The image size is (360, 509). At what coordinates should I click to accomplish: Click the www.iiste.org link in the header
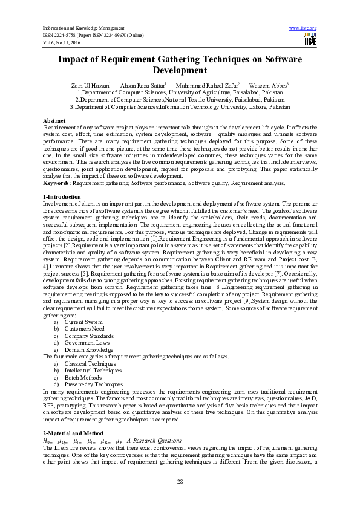click(x=303, y=28)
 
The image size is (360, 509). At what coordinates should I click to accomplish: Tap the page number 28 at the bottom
click(x=180, y=481)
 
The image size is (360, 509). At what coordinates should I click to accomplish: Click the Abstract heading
click(x=55, y=121)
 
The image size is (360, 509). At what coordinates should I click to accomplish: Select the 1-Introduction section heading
click(x=62, y=197)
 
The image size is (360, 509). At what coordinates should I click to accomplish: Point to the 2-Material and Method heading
click(x=74, y=434)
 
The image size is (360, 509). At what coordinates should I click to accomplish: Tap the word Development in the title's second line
click(x=180, y=70)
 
